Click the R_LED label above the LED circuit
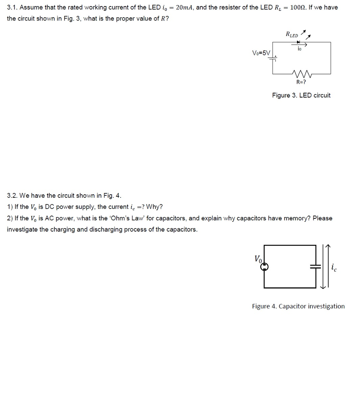coord(292,34)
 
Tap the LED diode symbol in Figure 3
coord(298,42)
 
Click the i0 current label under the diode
coord(299,49)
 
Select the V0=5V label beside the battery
coord(261,53)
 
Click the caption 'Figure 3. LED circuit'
coord(301,95)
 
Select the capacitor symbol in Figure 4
coord(316,266)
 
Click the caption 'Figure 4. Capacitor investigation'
coord(298,306)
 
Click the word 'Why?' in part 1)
coord(154,207)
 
